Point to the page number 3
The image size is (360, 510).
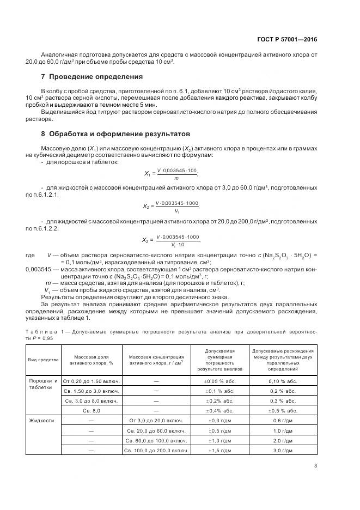coord(315,465)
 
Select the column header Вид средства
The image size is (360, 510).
coord(43,360)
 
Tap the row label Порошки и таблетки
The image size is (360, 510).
coord(43,384)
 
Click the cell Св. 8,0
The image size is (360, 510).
coord(91,410)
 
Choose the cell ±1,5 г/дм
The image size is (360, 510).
coord(219,450)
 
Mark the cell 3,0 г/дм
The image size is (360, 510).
coord(283,450)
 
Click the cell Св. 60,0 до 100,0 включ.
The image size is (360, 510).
coord(156,440)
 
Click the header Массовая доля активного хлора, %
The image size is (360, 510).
coord(91,360)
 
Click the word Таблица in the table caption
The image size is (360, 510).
coord(42,331)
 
